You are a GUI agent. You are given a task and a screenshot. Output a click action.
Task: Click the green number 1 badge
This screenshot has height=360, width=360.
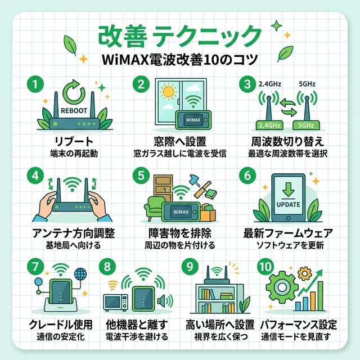[34, 85]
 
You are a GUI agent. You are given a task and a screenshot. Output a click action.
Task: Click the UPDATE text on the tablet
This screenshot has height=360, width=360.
[289, 204]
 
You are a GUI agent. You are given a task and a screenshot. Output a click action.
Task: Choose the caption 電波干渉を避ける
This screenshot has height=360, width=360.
[137, 337]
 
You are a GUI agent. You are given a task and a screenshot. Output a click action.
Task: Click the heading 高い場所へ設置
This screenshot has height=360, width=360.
[219, 325]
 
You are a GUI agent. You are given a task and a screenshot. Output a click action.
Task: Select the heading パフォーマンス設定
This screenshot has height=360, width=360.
[299, 325]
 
